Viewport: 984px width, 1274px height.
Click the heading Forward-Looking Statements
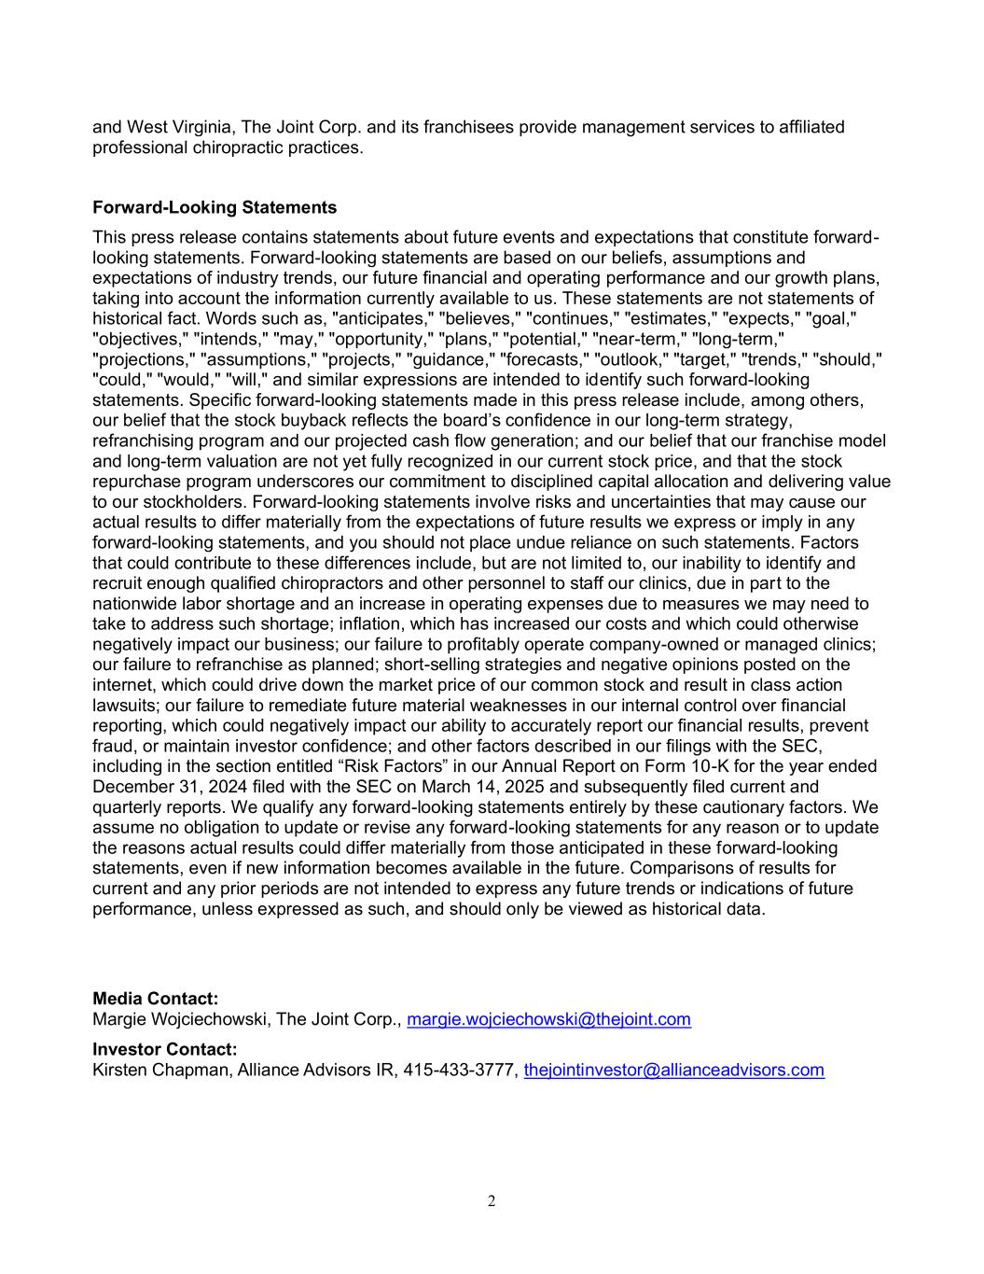point(215,207)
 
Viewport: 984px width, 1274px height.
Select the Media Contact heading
point(156,1000)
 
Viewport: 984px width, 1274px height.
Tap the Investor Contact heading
point(165,1050)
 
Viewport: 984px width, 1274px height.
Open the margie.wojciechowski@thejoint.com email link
point(549,1019)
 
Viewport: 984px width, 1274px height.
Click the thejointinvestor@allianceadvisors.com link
point(673,1070)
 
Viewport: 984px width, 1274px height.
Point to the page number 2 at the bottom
point(492,1201)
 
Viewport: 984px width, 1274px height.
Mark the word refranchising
point(145,441)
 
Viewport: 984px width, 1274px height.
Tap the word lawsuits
point(124,706)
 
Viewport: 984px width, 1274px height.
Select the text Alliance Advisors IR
point(316,1070)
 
